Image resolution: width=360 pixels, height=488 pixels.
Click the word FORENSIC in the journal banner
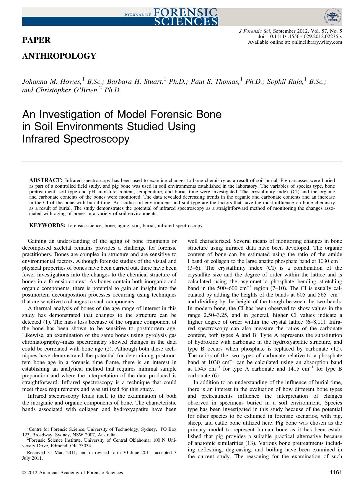185,12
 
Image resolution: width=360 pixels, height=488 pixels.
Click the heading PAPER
36,40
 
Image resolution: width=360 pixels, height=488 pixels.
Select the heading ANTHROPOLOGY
59,56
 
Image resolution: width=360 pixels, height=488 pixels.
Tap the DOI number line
300,37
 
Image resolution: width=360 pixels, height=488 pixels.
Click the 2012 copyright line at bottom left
73,473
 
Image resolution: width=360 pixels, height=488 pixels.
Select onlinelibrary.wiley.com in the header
317,42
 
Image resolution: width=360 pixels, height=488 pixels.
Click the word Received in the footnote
36,453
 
